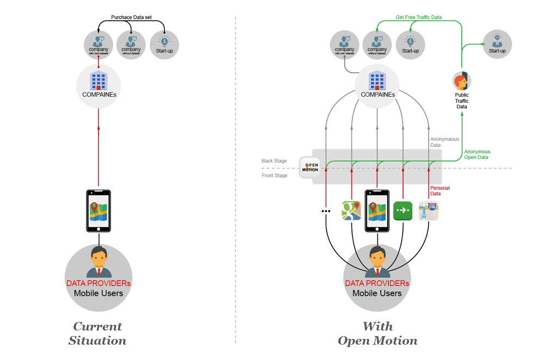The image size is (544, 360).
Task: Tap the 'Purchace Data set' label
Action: pos(131,17)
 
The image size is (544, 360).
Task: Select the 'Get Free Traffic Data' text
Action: pos(418,17)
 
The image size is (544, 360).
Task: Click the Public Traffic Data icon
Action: pos(461,82)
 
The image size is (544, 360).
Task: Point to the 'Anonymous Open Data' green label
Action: pos(477,154)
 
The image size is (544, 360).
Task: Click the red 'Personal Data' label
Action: pos(440,191)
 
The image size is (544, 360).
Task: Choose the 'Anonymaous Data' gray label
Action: pos(444,142)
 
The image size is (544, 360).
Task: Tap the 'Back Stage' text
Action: pos(274,162)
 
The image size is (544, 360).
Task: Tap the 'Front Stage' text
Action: pos(274,175)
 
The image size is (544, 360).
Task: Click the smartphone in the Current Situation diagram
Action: pos(98,211)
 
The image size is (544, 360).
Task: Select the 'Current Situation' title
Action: pos(97,333)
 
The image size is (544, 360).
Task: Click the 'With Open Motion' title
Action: pos(378,333)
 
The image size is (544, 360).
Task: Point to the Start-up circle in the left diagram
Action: pos(164,45)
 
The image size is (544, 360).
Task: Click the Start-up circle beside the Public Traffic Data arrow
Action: pos(497,44)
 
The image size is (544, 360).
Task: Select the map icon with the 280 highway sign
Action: pos(429,210)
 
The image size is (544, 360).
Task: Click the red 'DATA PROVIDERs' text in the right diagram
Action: pos(377,283)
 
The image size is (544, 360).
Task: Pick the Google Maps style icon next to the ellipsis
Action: pos(351,210)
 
